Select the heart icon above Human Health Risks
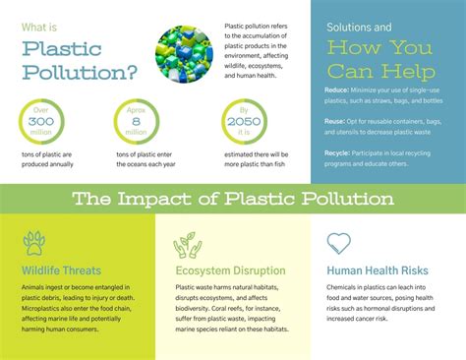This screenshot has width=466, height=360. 339,242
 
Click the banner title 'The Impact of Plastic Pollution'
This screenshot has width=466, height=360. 233,199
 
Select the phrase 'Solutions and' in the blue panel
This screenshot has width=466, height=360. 359,26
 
